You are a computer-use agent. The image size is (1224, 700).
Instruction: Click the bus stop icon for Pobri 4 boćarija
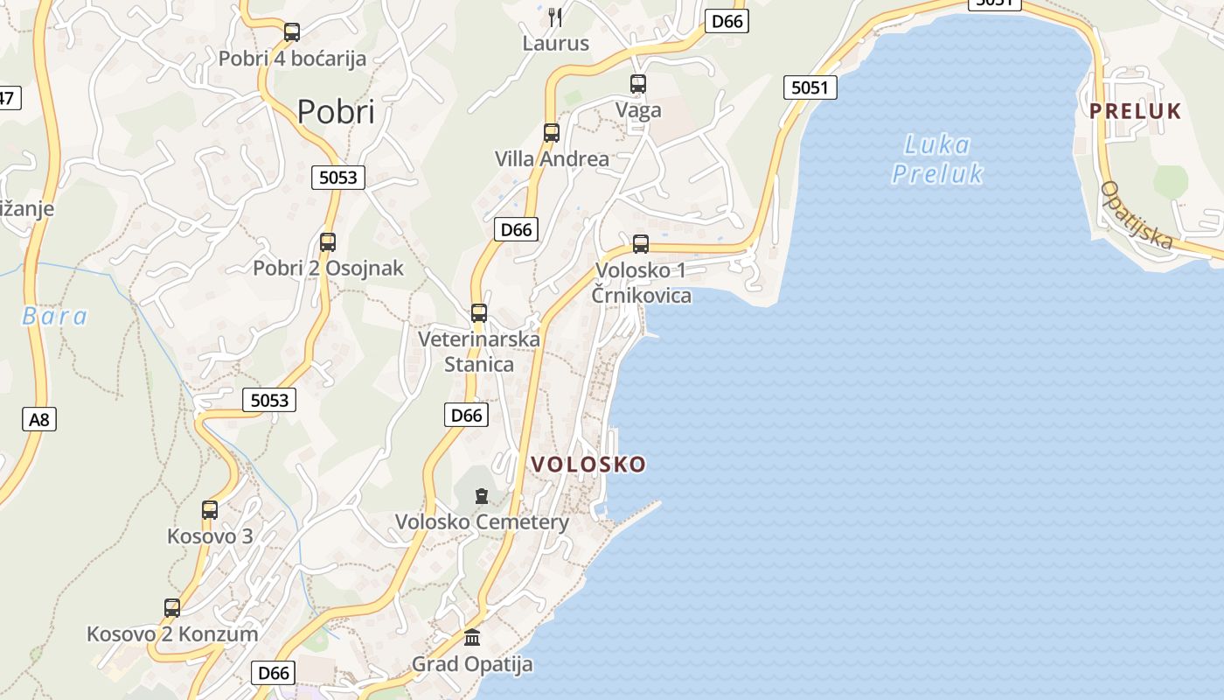click(x=292, y=32)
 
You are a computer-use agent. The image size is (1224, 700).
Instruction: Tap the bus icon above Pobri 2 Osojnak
click(x=328, y=242)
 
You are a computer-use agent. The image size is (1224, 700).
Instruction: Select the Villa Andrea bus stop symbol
click(x=552, y=133)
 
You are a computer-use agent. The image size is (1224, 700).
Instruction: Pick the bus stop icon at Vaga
click(x=638, y=84)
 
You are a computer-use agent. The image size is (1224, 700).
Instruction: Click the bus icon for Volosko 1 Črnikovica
click(x=641, y=244)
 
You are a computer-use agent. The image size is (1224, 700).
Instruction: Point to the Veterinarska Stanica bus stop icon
click(x=478, y=312)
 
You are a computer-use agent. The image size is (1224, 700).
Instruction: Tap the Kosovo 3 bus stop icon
click(x=210, y=510)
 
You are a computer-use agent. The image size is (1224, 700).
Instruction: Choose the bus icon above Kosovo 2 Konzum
click(x=172, y=608)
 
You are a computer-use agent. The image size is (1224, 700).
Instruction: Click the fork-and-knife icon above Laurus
click(x=555, y=17)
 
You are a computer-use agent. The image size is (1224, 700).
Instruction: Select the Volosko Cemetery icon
click(x=481, y=497)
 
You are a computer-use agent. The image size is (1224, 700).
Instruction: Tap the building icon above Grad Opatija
click(x=472, y=637)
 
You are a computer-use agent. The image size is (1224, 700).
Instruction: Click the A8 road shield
click(x=38, y=419)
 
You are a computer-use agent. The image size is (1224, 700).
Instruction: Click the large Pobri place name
click(x=336, y=112)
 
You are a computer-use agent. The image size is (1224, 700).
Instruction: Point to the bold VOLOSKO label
click(x=588, y=465)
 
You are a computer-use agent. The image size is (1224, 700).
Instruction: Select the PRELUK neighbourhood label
click(x=1135, y=111)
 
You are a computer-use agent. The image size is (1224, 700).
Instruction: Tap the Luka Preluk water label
click(x=937, y=159)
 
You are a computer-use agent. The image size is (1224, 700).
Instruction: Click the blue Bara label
click(x=54, y=316)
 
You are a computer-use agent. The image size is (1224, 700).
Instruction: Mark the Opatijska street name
click(x=1137, y=215)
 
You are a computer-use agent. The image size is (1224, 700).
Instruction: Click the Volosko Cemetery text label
click(x=482, y=522)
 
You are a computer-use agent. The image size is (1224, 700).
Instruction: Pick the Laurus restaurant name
click(x=556, y=43)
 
